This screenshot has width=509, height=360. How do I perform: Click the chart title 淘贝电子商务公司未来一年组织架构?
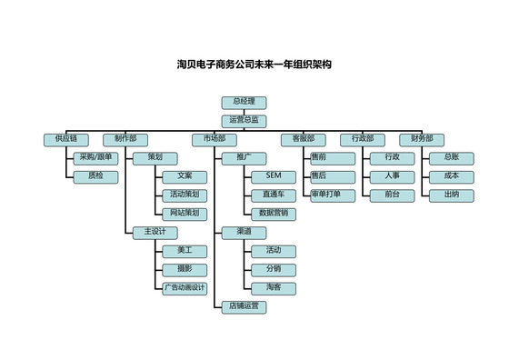click(x=254, y=65)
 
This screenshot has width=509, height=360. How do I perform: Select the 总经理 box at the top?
click(x=244, y=101)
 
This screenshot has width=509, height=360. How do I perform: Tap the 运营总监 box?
click(x=244, y=119)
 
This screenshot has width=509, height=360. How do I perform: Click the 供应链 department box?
click(x=65, y=139)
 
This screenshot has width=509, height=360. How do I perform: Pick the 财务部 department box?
click(x=421, y=139)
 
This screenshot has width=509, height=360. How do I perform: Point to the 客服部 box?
click(x=303, y=139)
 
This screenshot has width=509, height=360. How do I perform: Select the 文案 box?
click(x=185, y=175)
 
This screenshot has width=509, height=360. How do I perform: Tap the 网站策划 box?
click(x=185, y=213)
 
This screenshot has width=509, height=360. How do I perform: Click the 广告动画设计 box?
click(x=185, y=288)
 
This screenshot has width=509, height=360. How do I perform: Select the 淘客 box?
click(x=273, y=288)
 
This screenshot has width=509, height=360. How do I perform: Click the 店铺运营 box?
click(x=244, y=307)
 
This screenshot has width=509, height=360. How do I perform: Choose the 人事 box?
click(x=392, y=175)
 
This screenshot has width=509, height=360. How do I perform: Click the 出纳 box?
click(x=451, y=195)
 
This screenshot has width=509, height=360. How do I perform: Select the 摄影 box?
click(x=185, y=269)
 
